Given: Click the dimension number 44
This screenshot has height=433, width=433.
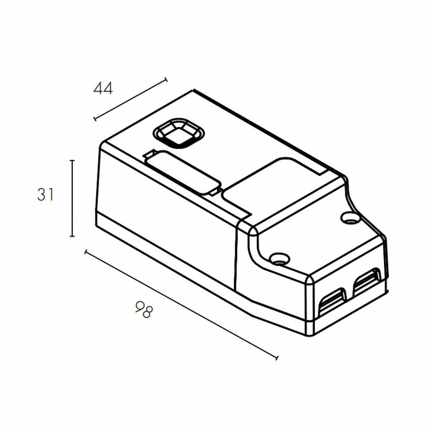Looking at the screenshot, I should (103, 88).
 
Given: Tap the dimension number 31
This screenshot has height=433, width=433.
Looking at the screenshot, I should (45, 195).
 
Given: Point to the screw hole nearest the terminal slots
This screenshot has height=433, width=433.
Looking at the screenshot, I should (279, 258).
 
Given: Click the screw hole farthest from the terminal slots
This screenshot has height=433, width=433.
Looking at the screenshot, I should (349, 218).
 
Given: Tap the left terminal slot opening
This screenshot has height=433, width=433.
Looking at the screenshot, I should (333, 299).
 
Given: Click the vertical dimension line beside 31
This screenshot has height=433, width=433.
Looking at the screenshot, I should (72, 198).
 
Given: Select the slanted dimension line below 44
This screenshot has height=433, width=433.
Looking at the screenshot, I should (130, 99).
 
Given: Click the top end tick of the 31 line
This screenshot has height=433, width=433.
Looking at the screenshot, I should (72, 161).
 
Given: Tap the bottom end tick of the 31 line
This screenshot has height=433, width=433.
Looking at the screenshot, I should (72, 236).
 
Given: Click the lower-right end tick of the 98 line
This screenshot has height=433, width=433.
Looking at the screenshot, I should (277, 357).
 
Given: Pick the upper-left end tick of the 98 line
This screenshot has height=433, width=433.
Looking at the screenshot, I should (85, 252).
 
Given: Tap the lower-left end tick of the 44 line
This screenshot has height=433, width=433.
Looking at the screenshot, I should (95, 119).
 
